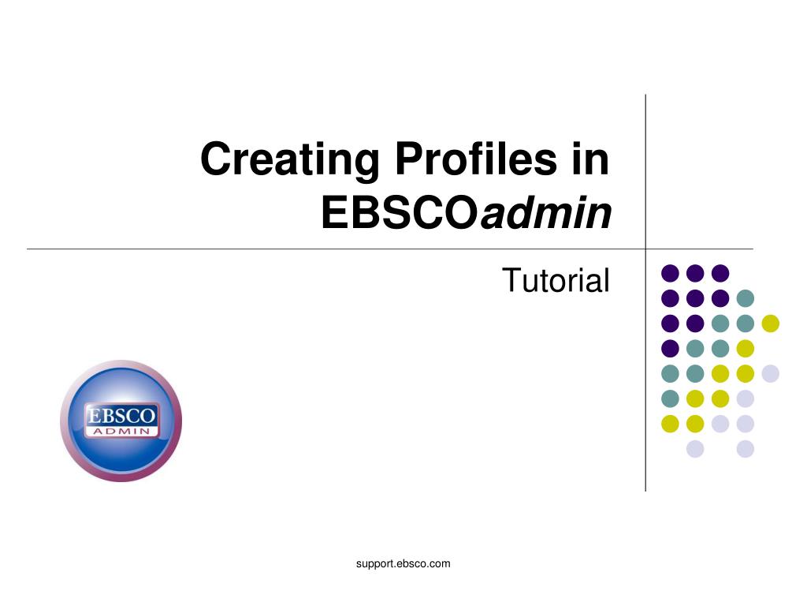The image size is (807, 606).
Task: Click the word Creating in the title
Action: click(290, 160)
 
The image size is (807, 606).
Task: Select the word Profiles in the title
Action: click(476, 159)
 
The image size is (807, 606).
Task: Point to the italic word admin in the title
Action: click(546, 212)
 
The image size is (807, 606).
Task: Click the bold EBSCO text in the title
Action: click(400, 213)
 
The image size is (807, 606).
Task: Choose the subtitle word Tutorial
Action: click(556, 280)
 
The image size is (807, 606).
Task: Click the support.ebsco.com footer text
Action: click(403, 563)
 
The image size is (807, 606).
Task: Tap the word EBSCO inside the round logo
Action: click(121, 415)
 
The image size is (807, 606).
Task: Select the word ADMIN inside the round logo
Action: click(121, 431)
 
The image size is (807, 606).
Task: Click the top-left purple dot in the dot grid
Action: click(670, 273)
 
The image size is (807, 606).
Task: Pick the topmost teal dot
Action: click(746, 298)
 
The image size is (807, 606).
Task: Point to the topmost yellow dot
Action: click(771, 324)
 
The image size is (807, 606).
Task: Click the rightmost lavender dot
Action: click(771, 373)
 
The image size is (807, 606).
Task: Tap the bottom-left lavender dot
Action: click(695, 449)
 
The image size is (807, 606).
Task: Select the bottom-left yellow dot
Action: click(670, 424)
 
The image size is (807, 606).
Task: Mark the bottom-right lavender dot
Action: click(746, 449)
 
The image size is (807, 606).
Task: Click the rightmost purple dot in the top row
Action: click(720, 273)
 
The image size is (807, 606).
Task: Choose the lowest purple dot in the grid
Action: click(670, 348)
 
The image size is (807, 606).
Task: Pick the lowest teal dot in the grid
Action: click(670, 398)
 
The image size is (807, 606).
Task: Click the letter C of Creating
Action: click(215, 159)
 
